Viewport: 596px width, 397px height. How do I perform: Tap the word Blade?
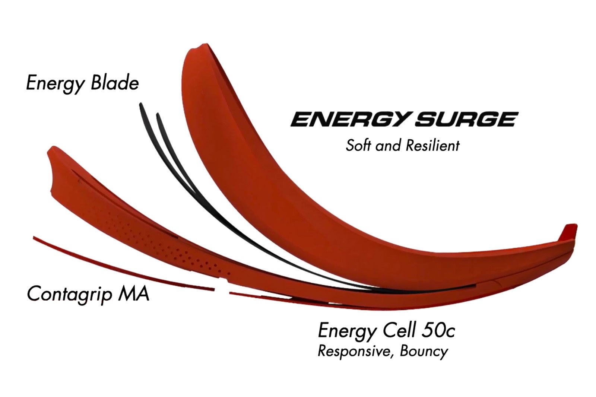click(x=114, y=83)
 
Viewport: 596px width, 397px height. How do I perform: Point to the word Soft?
click(x=358, y=145)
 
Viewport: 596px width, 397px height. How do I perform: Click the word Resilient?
click(x=432, y=145)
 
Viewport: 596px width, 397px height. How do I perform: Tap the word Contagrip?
click(x=69, y=294)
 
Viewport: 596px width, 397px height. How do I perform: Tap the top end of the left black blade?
click(x=141, y=105)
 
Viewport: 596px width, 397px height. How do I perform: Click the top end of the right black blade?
click(x=158, y=115)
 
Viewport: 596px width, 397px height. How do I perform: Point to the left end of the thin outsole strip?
click(x=35, y=238)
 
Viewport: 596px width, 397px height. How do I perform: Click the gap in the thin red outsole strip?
click(x=222, y=290)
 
